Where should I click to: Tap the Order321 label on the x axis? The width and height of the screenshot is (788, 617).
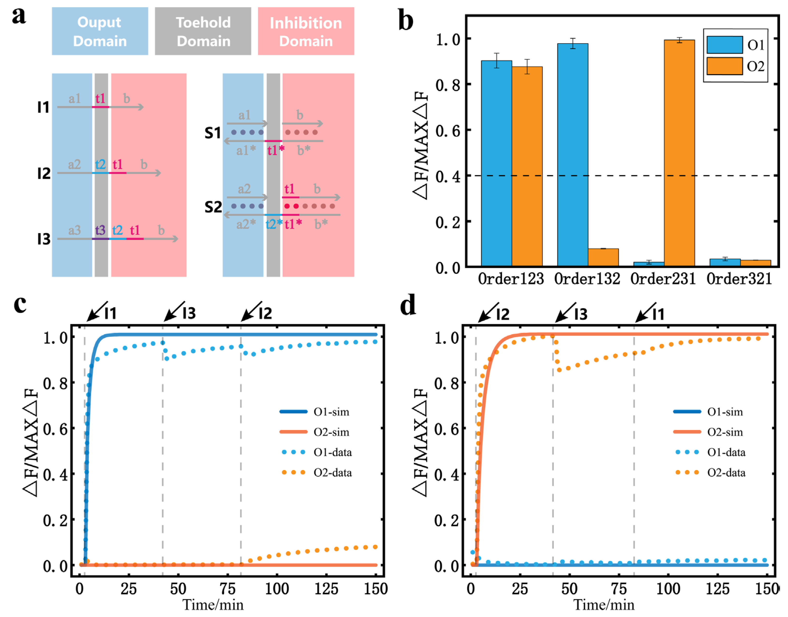tap(739, 279)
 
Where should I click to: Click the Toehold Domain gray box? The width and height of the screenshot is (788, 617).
tap(203, 31)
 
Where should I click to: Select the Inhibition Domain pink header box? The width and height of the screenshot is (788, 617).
tap(306, 31)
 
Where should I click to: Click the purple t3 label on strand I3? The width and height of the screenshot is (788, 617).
tap(100, 230)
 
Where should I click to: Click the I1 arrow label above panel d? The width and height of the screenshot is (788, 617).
tap(650, 313)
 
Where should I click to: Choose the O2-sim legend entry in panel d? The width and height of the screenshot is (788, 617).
tap(708, 432)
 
